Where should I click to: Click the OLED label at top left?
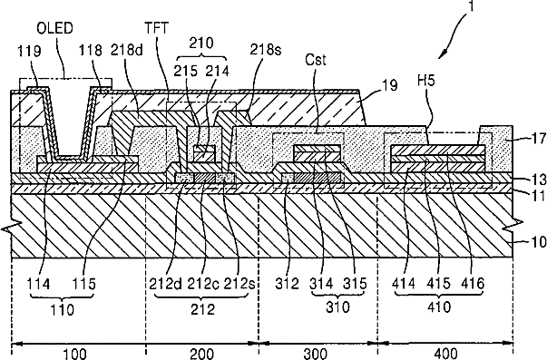54,28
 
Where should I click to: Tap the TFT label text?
157,28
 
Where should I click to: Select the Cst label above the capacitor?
316,59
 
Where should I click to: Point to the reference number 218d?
127,50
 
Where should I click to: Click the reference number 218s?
266,50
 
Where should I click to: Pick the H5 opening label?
426,81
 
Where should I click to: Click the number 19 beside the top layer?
390,85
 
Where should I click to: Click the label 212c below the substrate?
204,284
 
